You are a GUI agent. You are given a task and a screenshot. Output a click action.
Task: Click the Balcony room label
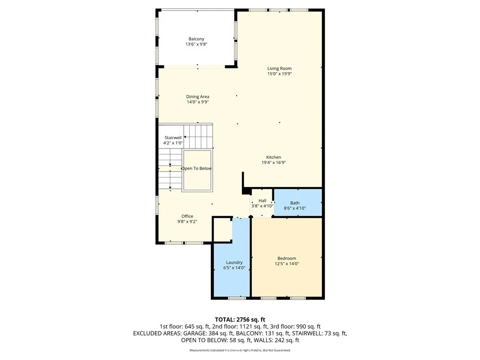(196, 39)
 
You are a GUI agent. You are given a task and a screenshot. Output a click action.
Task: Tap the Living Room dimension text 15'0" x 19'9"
(279, 74)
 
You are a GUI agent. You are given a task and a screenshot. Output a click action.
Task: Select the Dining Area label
(197, 97)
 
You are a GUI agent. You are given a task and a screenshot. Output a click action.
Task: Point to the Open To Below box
(197, 169)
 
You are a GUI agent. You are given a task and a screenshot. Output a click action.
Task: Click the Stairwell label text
(172, 138)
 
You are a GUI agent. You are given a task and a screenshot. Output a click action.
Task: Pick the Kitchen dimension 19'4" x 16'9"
(274, 163)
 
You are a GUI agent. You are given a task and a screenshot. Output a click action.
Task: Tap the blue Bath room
(297, 202)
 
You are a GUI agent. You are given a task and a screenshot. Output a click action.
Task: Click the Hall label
(262, 201)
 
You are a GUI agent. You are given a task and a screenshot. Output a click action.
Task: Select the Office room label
(187, 216)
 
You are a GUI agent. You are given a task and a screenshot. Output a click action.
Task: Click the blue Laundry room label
(234, 262)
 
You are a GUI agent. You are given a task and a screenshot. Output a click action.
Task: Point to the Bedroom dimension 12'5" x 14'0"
(286, 264)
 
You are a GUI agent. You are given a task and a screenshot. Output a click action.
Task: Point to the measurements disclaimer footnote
(240, 350)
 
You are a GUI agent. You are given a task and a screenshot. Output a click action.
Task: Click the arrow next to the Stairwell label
(185, 137)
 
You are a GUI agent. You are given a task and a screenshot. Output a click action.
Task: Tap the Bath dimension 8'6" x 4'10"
(295, 208)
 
